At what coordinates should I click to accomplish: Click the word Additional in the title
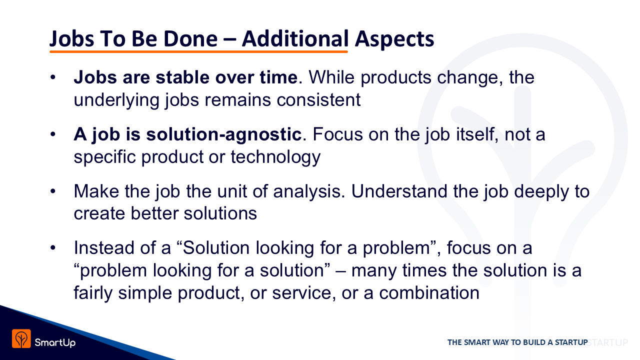(295, 38)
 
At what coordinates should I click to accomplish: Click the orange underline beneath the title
(198, 51)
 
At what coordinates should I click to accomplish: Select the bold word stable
(182, 77)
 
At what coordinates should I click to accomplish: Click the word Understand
(399, 191)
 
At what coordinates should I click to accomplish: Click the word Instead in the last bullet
(104, 247)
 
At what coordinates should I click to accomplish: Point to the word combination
(429, 293)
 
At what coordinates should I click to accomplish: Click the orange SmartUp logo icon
(21, 339)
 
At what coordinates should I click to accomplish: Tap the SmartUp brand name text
(55, 342)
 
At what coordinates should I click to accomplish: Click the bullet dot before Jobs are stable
(53, 77)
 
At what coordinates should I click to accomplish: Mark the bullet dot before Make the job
(53, 191)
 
